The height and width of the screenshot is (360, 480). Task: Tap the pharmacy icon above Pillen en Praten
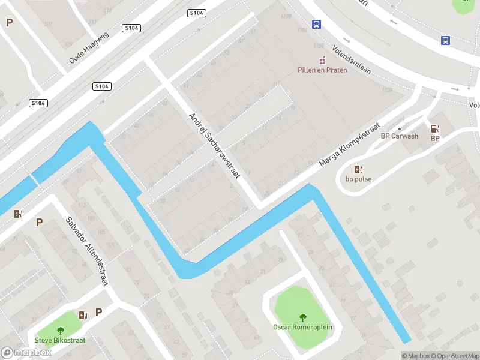pos(322,59)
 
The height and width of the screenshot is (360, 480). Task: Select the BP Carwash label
pos(400,136)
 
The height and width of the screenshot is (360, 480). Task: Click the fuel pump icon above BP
pos(435,128)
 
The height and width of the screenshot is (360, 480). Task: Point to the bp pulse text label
pos(358,179)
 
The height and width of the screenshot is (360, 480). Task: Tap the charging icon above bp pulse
pos(358,169)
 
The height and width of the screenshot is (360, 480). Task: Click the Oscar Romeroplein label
pos(302,327)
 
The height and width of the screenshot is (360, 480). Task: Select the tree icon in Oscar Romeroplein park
pos(302,317)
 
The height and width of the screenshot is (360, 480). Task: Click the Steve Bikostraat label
pos(60,340)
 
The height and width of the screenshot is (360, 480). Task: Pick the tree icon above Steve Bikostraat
pos(60,331)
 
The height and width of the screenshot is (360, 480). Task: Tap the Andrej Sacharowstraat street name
pos(214,146)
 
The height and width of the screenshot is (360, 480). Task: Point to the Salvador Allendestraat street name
pos(86,251)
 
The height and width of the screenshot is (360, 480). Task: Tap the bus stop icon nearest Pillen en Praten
pos(316,25)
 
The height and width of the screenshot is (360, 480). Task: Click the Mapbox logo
pos(26,353)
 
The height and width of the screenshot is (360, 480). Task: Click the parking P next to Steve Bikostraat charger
pos(99,312)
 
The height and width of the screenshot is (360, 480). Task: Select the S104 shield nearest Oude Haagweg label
pos(131,28)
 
